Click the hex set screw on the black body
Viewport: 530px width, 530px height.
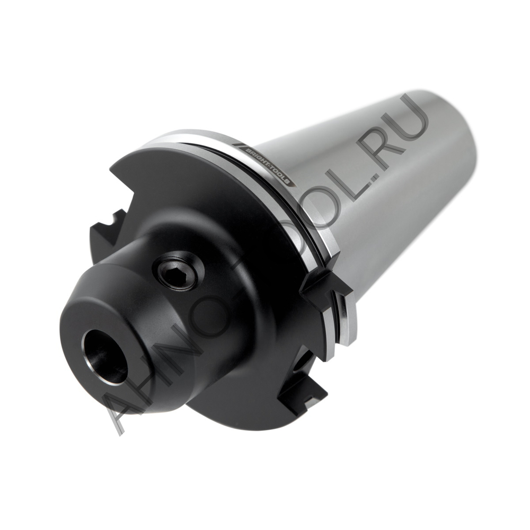178,271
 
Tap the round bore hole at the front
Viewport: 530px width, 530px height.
104,356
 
